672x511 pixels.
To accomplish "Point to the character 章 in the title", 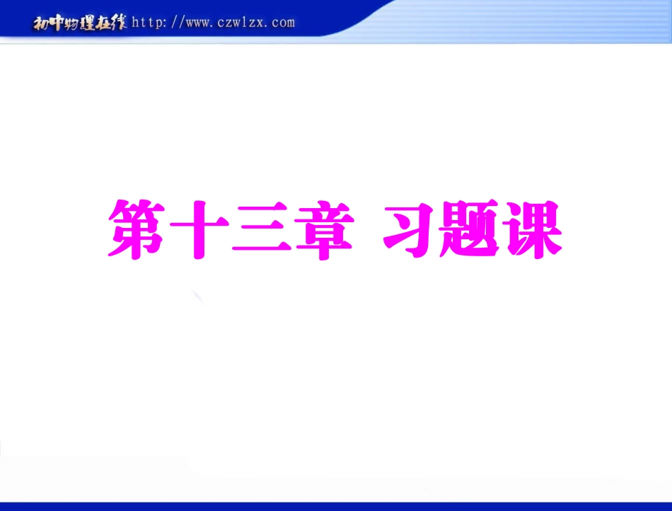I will pos(322,229).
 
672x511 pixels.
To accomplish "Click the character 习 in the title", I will pos(407,229).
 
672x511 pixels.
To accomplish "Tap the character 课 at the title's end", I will pos(531,229).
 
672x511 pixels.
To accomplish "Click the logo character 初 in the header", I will pos(40,23).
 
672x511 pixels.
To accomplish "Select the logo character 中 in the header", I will pos(55,23).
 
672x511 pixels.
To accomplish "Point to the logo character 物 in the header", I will pos(71,23).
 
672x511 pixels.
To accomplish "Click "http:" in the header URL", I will pos(149,23).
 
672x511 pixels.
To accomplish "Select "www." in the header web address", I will pos(202,23).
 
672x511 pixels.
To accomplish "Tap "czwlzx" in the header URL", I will pos(241,23).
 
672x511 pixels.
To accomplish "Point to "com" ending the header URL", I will pos(282,23).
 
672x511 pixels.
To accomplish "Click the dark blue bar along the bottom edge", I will pos(336,506).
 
